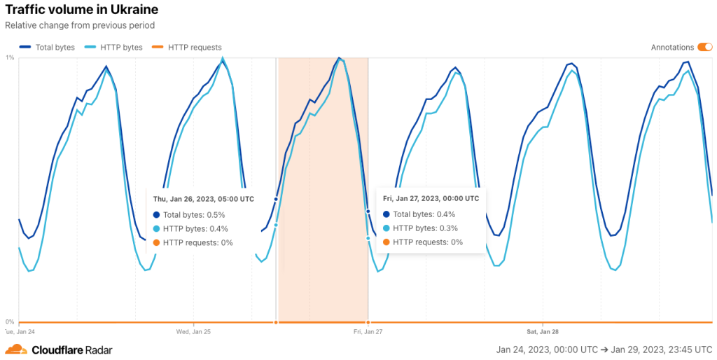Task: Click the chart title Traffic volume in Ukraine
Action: (81, 10)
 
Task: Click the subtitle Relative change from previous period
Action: (79, 25)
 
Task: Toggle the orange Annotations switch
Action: (704, 48)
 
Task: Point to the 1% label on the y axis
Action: (10, 58)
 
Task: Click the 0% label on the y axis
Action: (10, 322)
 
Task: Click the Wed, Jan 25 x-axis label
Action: (193, 331)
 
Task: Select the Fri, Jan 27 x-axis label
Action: (368, 331)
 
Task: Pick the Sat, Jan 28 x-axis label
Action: (543, 331)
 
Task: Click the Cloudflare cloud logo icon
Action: (16, 349)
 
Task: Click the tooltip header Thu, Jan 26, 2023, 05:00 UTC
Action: (203, 199)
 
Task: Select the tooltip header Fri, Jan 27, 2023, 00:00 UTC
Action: (431, 198)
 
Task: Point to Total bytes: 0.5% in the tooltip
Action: (194, 214)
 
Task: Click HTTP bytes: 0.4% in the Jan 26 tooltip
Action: (195, 228)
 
